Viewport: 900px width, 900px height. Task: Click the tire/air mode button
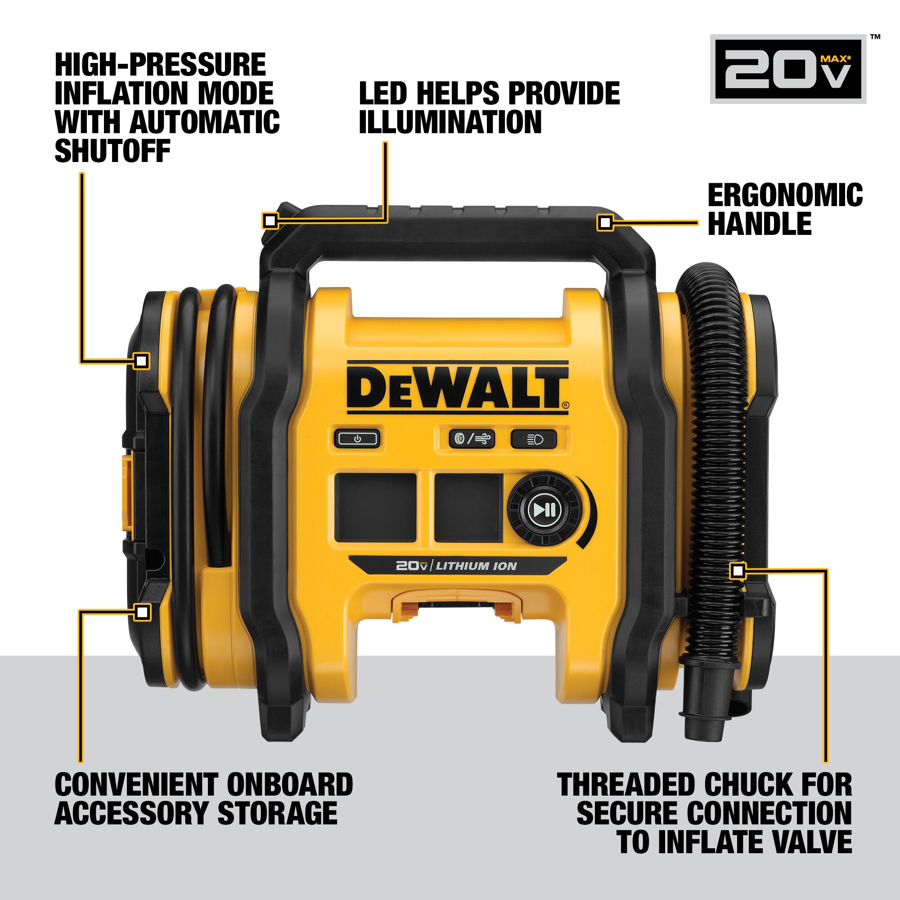tap(472, 439)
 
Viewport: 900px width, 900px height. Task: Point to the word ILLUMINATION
tap(450, 122)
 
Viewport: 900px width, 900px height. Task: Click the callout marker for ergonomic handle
tap(605, 223)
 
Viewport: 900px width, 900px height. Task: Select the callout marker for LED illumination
tap(270, 220)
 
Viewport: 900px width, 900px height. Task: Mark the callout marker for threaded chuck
tap(738, 571)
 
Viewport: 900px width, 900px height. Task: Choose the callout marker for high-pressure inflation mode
tap(142, 360)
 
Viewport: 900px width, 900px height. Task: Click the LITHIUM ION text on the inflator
tap(476, 567)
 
